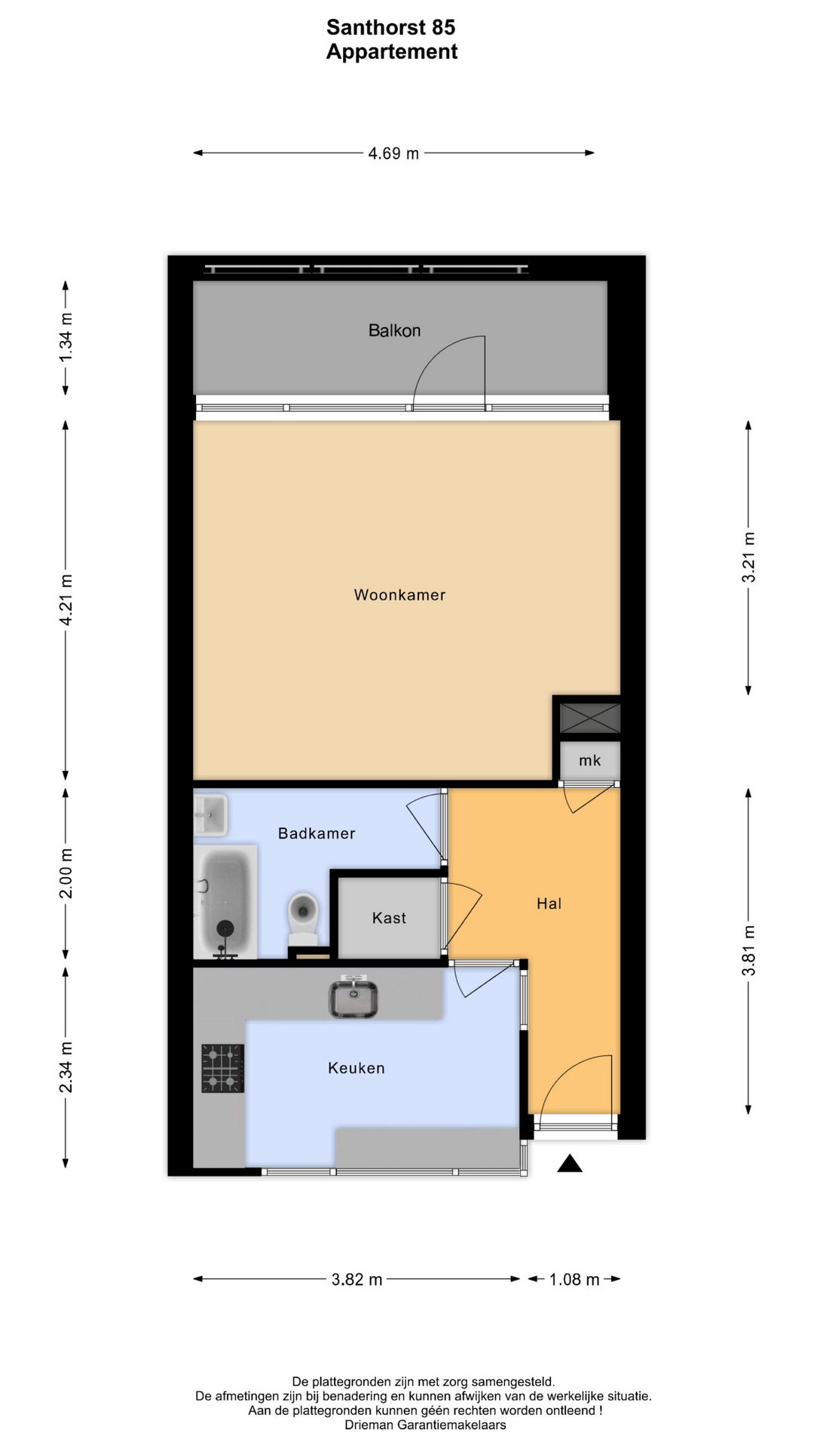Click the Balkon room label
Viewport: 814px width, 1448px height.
(x=394, y=330)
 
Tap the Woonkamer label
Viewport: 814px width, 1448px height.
(x=399, y=595)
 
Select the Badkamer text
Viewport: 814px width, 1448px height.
(x=317, y=833)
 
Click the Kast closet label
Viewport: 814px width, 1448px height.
(x=389, y=918)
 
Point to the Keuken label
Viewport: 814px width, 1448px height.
(x=357, y=1068)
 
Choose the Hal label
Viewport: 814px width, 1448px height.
(x=549, y=903)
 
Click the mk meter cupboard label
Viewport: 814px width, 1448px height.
(x=590, y=760)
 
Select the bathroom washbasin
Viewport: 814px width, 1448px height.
(x=210, y=814)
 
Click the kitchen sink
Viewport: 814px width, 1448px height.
(x=353, y=997)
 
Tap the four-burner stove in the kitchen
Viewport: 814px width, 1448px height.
(x=222, y=1068)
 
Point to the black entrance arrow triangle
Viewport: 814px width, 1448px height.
(x=570, y=1164)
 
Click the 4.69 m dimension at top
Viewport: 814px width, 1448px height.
(x=393, y=153)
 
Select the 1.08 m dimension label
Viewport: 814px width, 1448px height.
(x=574, y=1279)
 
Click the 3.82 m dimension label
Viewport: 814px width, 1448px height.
(x=357, y=1279)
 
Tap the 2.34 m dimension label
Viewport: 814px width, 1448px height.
(x=66, y=1067)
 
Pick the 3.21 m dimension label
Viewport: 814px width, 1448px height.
(x=748, y=557)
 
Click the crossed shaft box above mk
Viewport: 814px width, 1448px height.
(x=590, y=718)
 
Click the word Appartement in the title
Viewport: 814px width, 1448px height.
(x=392, y=52)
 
